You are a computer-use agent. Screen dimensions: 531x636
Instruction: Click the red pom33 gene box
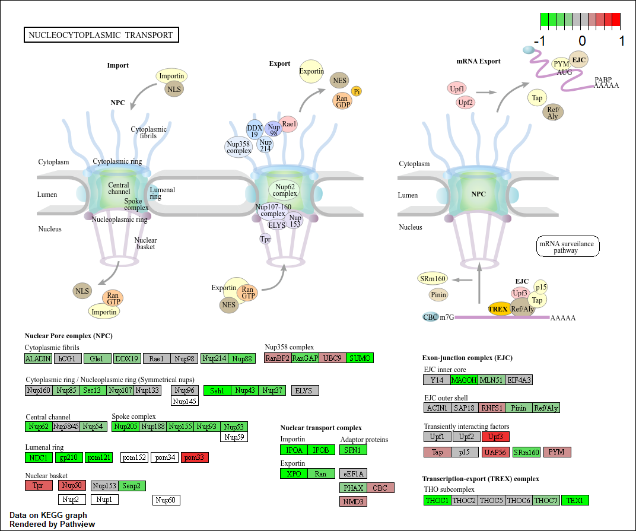[x=195, y=457]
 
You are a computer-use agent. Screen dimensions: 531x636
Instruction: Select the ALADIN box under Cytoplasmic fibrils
[x=38, y=358]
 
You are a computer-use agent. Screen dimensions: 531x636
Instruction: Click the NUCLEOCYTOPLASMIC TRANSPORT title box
[x=101, y=35]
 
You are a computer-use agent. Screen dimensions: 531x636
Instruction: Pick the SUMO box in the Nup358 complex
[x=360, y=358]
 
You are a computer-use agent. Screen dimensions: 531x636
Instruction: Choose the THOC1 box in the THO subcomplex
[x=437, y=500]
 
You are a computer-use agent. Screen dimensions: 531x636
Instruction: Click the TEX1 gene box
[x=575, y=500]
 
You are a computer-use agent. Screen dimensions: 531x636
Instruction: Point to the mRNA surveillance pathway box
[x=568, y=246]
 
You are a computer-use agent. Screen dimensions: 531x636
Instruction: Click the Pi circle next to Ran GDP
[x=357, y=91]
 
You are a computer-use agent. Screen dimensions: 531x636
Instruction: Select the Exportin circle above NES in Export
[x=311, y=71]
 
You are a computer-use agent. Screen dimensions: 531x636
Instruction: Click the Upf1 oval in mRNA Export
[x=457, y=89]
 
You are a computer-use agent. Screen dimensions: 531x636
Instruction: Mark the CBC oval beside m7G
[x=430, y=317]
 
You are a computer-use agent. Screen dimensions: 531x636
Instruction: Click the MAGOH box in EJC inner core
[x=464, y=380]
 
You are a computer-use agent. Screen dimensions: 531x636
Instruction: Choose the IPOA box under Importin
[x=294, y=450]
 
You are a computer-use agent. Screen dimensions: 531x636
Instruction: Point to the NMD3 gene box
[x=353, y=501]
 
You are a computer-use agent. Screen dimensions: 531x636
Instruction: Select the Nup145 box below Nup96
[x=185, y=401]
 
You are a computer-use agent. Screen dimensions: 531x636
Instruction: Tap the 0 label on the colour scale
[x=581, y=41]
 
